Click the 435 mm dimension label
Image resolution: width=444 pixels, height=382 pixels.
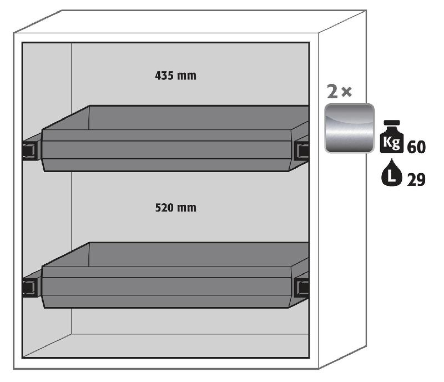175,76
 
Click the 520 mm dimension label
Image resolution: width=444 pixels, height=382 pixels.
175,208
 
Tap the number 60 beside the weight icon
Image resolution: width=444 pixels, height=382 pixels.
416,147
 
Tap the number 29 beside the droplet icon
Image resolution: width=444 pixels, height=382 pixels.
416,180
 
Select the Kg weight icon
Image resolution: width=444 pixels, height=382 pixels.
392,137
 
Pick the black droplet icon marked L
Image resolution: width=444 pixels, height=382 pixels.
392,173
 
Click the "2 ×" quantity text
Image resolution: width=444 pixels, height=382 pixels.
339,92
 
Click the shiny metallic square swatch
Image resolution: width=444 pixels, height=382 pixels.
350,128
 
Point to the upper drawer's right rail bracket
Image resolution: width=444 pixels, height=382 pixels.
302,150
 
